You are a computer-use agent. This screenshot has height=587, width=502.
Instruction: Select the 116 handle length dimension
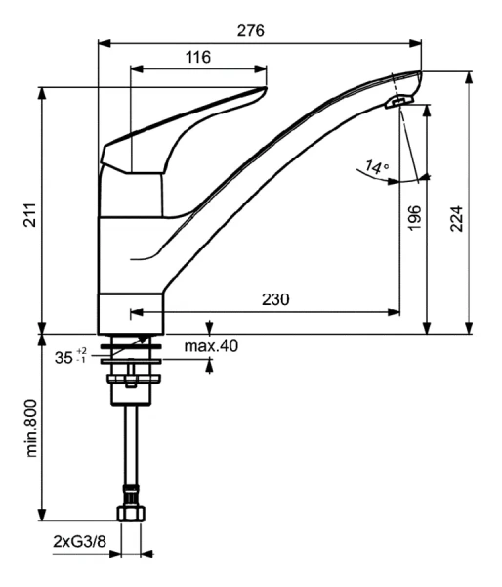click(x=198, y=57)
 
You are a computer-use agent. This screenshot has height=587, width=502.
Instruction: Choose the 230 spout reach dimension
click(x=275, y=300)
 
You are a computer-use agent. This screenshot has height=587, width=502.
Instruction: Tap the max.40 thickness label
click(x=210, y=345)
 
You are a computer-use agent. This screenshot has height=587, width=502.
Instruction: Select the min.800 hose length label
click(x=32, y=428)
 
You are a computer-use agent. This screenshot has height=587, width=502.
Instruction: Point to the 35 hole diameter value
click(x=63, y=358)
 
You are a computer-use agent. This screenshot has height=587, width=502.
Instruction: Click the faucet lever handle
click(x=176, y=127)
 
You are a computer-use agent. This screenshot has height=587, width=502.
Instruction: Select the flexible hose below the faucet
click(x=130, y=445)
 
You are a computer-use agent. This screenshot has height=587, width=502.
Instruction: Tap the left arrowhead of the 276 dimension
click(x=104, y=42)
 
